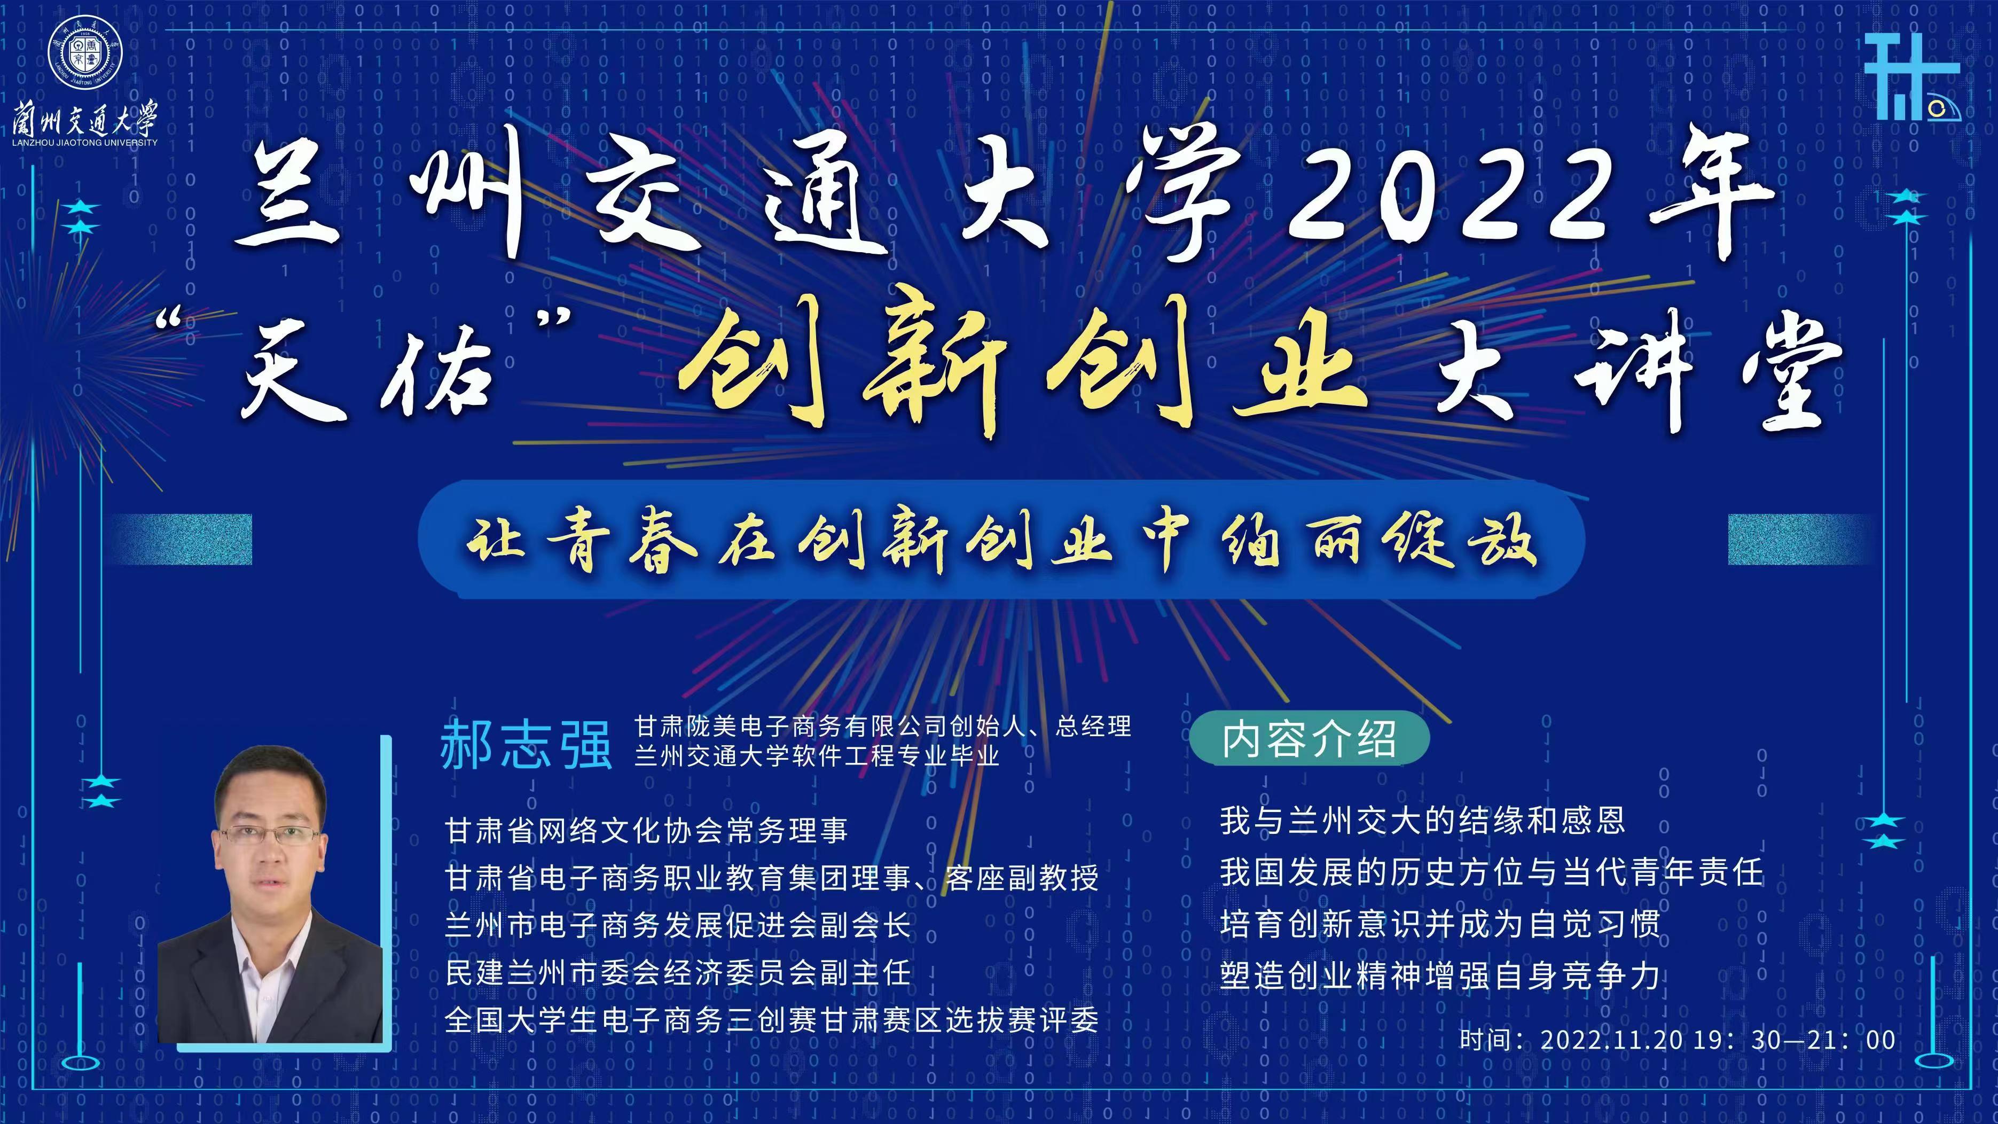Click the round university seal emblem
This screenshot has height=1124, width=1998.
click(85, 53)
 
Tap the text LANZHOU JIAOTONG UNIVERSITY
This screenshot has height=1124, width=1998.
click(85, 143)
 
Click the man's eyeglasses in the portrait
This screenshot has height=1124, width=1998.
click(268, 836)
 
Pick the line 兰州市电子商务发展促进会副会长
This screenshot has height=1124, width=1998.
click(678, 925)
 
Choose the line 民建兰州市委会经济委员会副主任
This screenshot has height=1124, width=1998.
click(678, 972)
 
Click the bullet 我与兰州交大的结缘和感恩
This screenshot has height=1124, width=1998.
click(1422, 820)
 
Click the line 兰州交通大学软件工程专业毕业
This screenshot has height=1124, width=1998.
click(817, 755)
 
